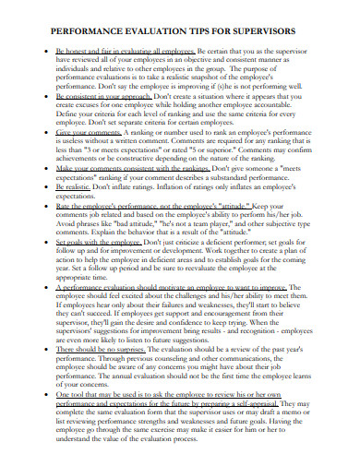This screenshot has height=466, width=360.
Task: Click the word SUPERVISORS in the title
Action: pyautogui.click(x=280, y=25)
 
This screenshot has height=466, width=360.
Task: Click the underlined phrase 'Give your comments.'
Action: pyautogui.click(x=90, y=134)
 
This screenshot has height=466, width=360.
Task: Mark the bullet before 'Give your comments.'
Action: pyautogui.click(x=46, y=134)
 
